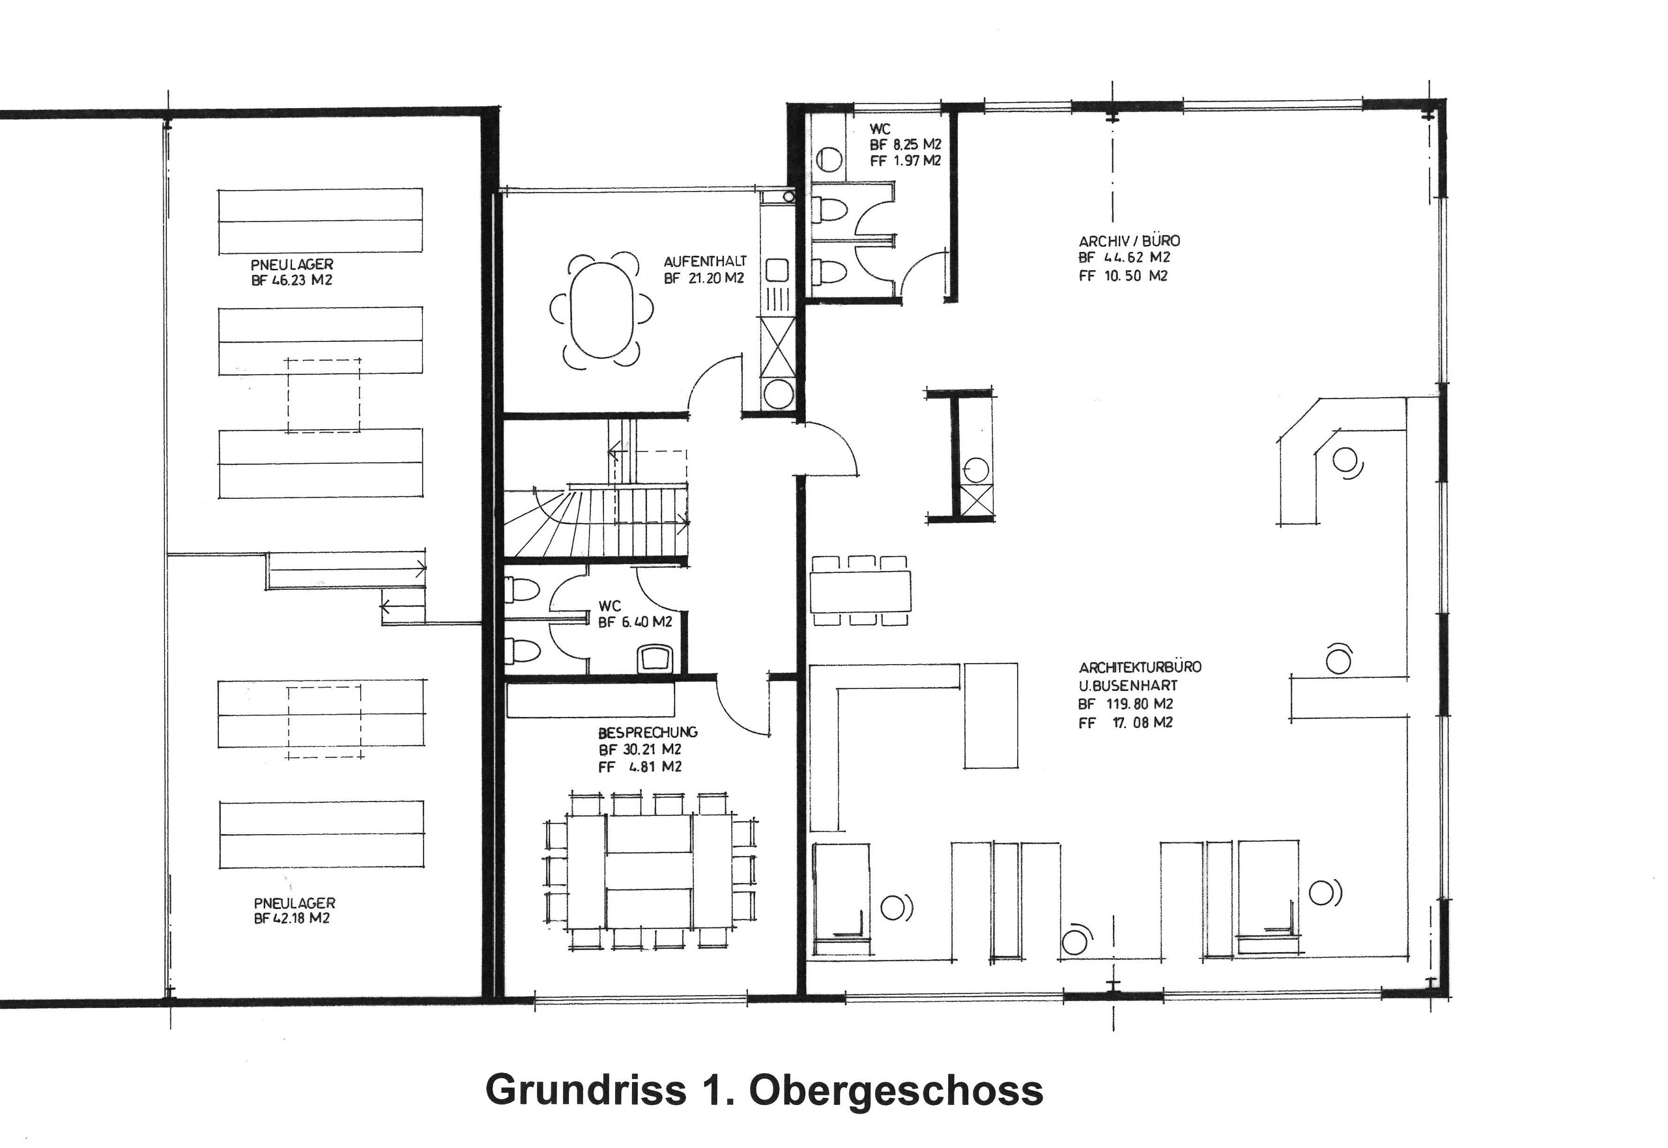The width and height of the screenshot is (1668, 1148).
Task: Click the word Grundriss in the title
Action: point(586,1090)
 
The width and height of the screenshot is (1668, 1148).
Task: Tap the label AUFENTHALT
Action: point(704,261)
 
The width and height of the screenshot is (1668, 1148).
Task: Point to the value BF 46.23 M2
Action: point(291,281)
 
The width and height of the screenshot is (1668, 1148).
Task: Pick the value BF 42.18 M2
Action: point(291,919)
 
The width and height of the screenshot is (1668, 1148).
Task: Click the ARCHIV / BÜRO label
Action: point(1129,241)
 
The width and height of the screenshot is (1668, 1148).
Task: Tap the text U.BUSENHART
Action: point(1128,686)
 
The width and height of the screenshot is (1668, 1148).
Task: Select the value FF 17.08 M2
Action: point(1125,723)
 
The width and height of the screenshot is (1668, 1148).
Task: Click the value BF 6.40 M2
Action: point(635,623)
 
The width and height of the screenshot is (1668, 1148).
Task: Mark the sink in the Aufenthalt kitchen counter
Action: point(777,270)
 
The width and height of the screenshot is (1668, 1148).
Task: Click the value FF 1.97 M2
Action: point(904,161)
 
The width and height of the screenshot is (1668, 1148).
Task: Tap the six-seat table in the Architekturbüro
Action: point(860,590)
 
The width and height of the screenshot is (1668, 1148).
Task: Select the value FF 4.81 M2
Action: point(639,767)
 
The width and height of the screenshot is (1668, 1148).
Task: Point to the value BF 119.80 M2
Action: point(1125,704)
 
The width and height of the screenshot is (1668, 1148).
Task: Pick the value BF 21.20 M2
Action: point(703,278)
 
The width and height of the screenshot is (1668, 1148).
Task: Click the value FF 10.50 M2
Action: point(1123,276)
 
